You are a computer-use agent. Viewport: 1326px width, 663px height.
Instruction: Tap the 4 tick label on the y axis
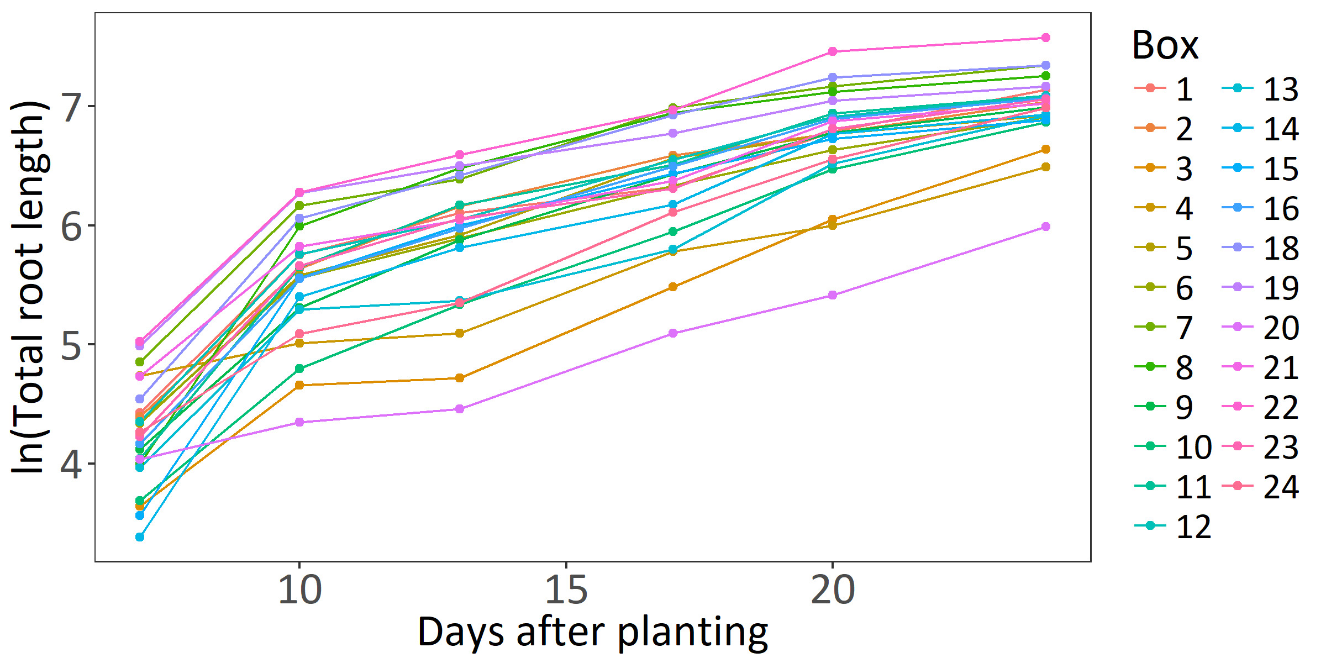(72, 464)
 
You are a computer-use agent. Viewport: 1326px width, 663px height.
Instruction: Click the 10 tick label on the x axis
(299, 590)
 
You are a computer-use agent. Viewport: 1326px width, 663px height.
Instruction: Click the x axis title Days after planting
(592, 632)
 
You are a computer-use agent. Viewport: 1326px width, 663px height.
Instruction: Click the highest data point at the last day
(1045, 38)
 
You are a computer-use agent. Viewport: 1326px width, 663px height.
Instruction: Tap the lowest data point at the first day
(140, 537)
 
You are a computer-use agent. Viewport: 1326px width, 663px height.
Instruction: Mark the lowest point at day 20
(833, 296)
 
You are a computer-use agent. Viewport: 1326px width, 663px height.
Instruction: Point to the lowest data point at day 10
(299, 422)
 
